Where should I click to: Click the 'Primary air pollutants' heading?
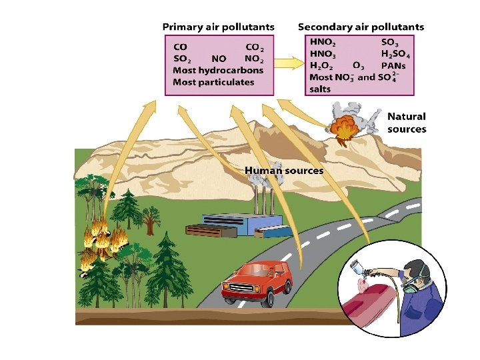click(218, 27)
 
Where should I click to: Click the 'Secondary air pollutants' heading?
click(361, 27)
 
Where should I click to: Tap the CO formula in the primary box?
click(180, 47)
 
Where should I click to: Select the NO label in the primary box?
click(219, 59)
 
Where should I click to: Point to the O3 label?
click(358, 65)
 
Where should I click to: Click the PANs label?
click(393, 65)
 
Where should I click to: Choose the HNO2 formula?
click(323, 42)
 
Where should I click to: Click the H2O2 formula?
click(323, 65)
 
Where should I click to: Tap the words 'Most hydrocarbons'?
click(218, 70)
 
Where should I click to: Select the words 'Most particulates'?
click(213, 82)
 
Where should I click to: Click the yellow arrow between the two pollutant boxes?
click(288, 64)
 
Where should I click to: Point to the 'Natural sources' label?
click(407, 123)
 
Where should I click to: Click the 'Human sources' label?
click(284, 171)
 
